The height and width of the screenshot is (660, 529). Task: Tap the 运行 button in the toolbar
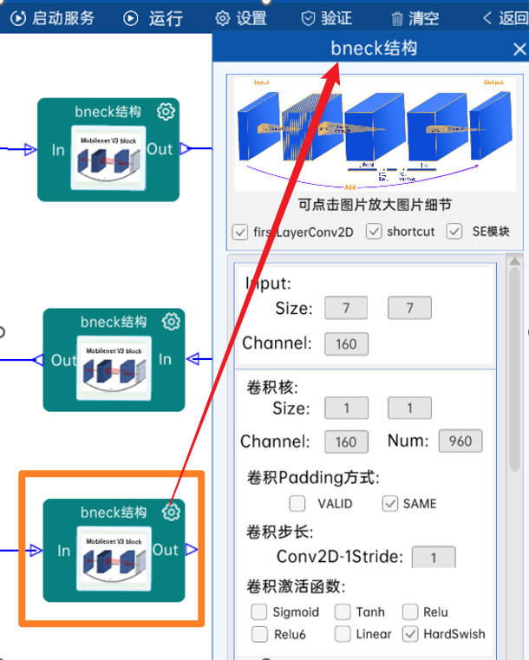(x=153, y=17)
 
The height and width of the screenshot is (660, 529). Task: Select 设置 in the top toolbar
(x=241, y=17)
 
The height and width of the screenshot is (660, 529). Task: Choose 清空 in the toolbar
(x=415, y=17)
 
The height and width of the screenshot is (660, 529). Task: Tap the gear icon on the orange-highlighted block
(x=172, y=512)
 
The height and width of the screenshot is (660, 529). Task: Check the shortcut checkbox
(x=375, y=232)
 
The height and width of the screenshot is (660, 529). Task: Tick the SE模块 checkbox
(x=454, y=232)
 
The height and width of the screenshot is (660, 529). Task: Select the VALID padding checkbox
(x=297, y=503)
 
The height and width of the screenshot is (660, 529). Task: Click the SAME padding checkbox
(x=390, y=503)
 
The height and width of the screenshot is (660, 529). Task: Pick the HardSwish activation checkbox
(x=410, y=634)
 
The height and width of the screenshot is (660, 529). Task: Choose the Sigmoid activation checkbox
(x=258, y=612)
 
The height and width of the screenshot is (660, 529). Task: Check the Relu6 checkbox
(x=258, y=634)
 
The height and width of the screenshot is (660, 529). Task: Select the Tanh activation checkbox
(x=343, y=612)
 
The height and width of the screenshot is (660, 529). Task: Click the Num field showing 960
(x=460, y=441)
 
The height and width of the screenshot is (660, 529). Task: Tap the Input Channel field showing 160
(x=346, y=343)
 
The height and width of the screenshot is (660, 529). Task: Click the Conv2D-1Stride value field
(x=433, y=557)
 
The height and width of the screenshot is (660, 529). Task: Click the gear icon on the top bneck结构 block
(x=167, y=111)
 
